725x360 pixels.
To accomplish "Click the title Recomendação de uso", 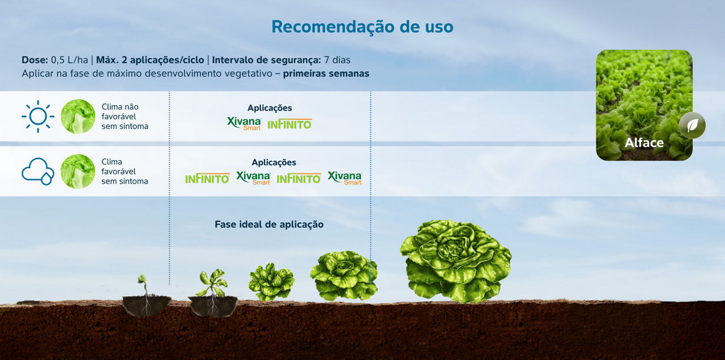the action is (x=362, y=27).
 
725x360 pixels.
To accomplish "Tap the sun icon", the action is (x=38, y=117).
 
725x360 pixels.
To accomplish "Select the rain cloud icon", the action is (x=38, y=172).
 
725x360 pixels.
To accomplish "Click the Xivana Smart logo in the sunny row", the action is (x=244, y=123).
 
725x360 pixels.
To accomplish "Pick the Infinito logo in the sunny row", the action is (x=289, y=124).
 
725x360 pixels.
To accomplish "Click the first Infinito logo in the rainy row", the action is (x=207, y=178).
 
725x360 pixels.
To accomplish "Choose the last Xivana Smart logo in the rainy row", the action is (x=344, y=178).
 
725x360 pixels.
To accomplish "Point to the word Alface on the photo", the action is (x=644, y=143).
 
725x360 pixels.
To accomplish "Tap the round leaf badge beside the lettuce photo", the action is (x=692, y=126).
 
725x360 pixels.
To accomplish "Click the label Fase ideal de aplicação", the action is (x=269, y=225).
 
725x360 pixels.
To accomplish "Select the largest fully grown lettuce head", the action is (x=456, y=262).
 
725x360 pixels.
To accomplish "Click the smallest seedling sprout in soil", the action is (x=146, y=295).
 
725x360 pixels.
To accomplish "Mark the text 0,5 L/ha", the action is (x=69, y=60).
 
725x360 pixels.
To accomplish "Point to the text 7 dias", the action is (x=337, y=60).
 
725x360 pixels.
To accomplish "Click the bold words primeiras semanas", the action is (x=326, y=74).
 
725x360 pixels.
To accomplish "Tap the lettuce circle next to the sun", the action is (x=78, y=117).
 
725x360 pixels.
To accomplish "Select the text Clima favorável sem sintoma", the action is (x=125, y=172).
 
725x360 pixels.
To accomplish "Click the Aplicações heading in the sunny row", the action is (x=270, y=108).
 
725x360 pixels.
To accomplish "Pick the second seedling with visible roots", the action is (x=212, y=293).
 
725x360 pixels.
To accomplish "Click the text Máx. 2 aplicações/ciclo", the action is (x=150, y=60).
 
